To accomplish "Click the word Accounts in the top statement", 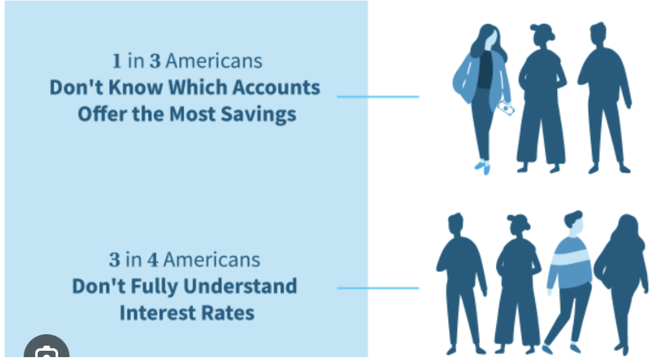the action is pos(276,87).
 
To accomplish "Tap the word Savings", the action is pos(258,114).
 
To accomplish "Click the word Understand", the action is pos(240,286).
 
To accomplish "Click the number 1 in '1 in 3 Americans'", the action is pos(117,61).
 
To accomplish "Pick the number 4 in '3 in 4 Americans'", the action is pos(153,260).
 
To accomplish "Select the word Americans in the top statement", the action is pos(214,61).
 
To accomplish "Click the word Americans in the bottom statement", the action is pos(212,260).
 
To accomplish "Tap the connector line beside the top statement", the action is pos(378,97).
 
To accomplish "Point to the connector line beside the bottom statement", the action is pos(378,287).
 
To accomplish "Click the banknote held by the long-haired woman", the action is pos(506,108).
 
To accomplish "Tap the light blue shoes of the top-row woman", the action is pos(483,167).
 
